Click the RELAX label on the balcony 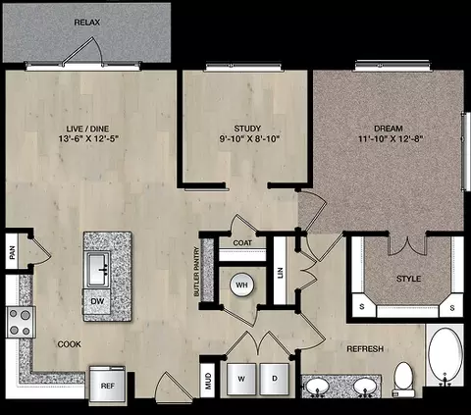click(x=87, y=23)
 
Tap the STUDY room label click(x=247, y=129)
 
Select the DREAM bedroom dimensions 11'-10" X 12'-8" click(x=391, y=139)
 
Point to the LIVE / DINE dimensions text click(x=88, y=139)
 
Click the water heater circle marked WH click(x=241, y=285)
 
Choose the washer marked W click(x=241, y=379)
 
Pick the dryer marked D click(x=275, y=379)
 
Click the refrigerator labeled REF click(x=107, y=384)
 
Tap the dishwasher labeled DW click(x=97, y=301)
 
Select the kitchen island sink click(x=97, y=270)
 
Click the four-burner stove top click(x=21, y=322)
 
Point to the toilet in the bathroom click(x=403, y=380)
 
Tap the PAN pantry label click(x=13, y=252)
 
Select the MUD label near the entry click(x=208, y=381)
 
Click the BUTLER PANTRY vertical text click(x=196, y=272)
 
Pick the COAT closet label click(x=242, y=243)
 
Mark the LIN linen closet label click(x=280, y=273)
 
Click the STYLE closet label click(x=408, y=279)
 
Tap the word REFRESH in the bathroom click(x=365, y=349)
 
